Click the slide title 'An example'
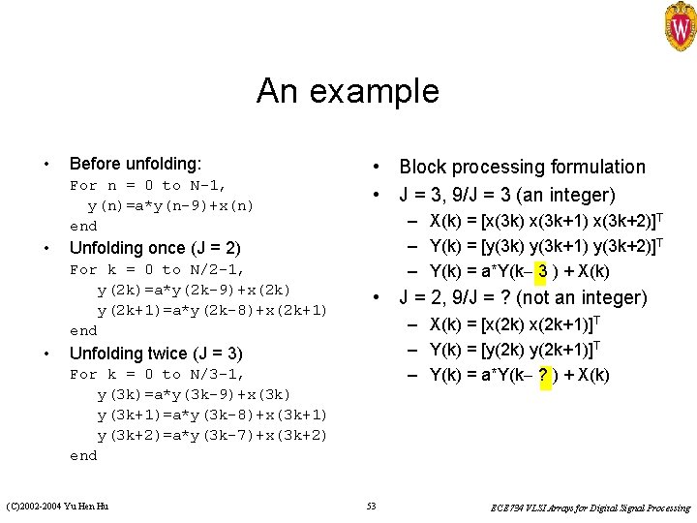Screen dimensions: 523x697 click(x=348, y=92)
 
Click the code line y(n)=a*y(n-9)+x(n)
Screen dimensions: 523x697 click(x=170, y=205)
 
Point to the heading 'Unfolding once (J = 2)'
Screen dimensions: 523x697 click(x=155, y=248)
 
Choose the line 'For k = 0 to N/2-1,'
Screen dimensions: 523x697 click(x=158, y=269)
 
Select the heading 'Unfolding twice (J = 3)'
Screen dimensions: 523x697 click(x=156, y=353)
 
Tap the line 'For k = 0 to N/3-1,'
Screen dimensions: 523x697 click(x=158, y=374)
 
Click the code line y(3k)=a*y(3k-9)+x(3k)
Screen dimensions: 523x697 click(x=194, y=394)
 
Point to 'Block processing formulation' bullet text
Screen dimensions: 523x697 click(x=522, y=168)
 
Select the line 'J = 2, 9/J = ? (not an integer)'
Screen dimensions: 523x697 click(x=521, y=297)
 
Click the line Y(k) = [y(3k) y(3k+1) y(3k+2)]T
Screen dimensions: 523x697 click(x=545, y=246)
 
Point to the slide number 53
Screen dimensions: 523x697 click(x=372, y=507)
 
